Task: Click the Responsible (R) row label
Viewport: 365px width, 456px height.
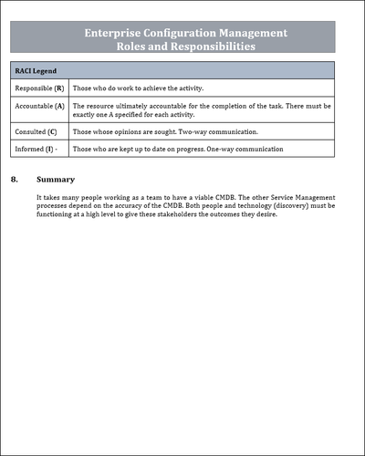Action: point(39,88)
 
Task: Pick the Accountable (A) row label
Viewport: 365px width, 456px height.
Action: point(39,107)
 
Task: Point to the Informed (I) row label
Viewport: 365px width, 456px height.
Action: point(36,149)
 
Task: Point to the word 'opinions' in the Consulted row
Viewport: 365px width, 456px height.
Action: point(127,132)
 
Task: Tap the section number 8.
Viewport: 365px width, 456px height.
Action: point(15,180)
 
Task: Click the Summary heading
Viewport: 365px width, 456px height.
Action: point(57,180)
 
